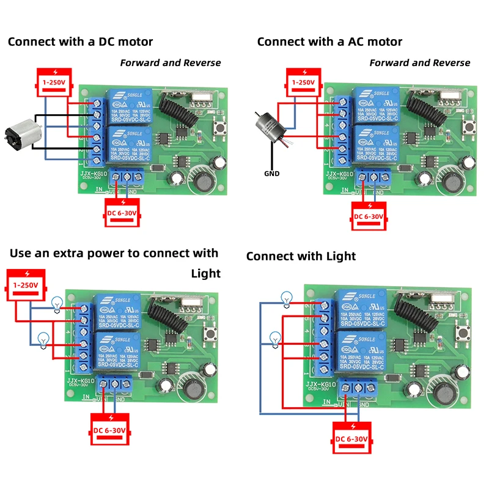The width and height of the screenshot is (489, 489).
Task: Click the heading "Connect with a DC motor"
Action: (x=80, y=42)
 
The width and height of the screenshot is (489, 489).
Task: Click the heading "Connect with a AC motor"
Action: (x=329, y=42)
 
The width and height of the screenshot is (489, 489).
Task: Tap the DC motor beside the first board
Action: (x=19, y=135)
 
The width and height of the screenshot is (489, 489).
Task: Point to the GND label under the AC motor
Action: (x=271, y=174)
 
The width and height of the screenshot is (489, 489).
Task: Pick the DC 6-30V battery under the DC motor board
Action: (x=124, y=212)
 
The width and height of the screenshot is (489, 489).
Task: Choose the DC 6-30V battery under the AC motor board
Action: (x=369, y=216)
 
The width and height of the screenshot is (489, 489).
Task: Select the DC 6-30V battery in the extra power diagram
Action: (x=110, y=430)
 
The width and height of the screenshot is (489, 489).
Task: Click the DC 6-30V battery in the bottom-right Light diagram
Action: (x=351, y=438)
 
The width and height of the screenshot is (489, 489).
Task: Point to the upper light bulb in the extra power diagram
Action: (x=57, y=302)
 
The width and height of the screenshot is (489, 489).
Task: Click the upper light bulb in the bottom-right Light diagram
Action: (x=286, y=299)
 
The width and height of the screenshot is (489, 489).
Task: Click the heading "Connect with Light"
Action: (x=301, y=256)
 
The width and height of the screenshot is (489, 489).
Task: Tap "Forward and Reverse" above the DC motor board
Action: (x=171, y=62)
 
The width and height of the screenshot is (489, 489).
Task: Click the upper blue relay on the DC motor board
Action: (x=130, y=104)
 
